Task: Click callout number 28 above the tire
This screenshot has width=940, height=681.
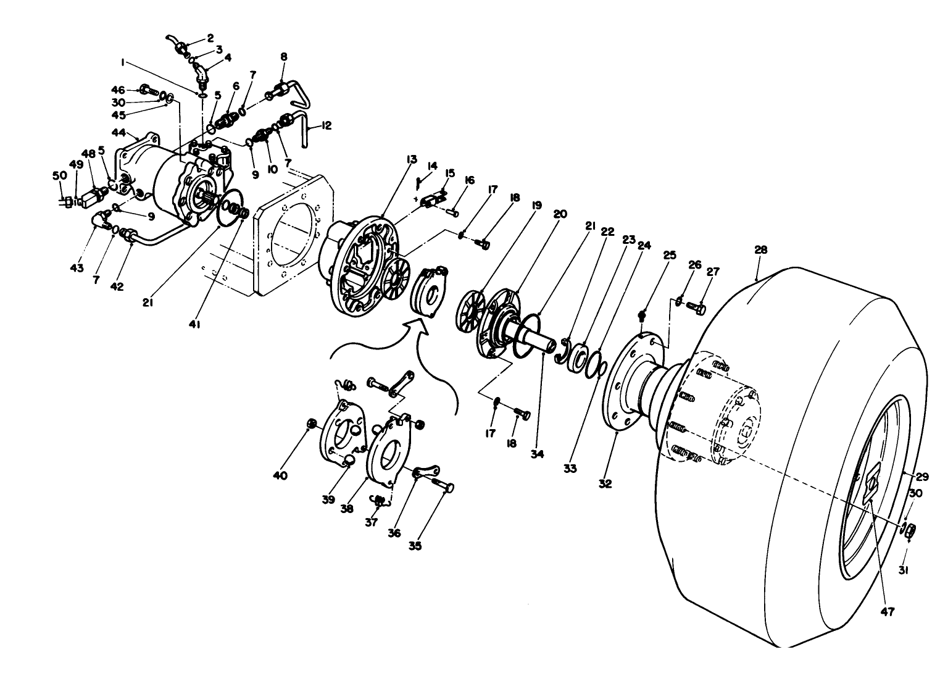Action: pyautogui.click(x=760, y=250)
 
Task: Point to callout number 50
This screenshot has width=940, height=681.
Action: pyautogui.click(x=59, y=176)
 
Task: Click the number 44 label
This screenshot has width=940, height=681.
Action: pyautogui.click(x=119, y=133)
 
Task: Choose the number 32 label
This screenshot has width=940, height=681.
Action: pyautogui.click(x=605, y=483)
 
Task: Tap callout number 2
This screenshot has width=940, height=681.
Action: pyautogui.click(x=210, y=38)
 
